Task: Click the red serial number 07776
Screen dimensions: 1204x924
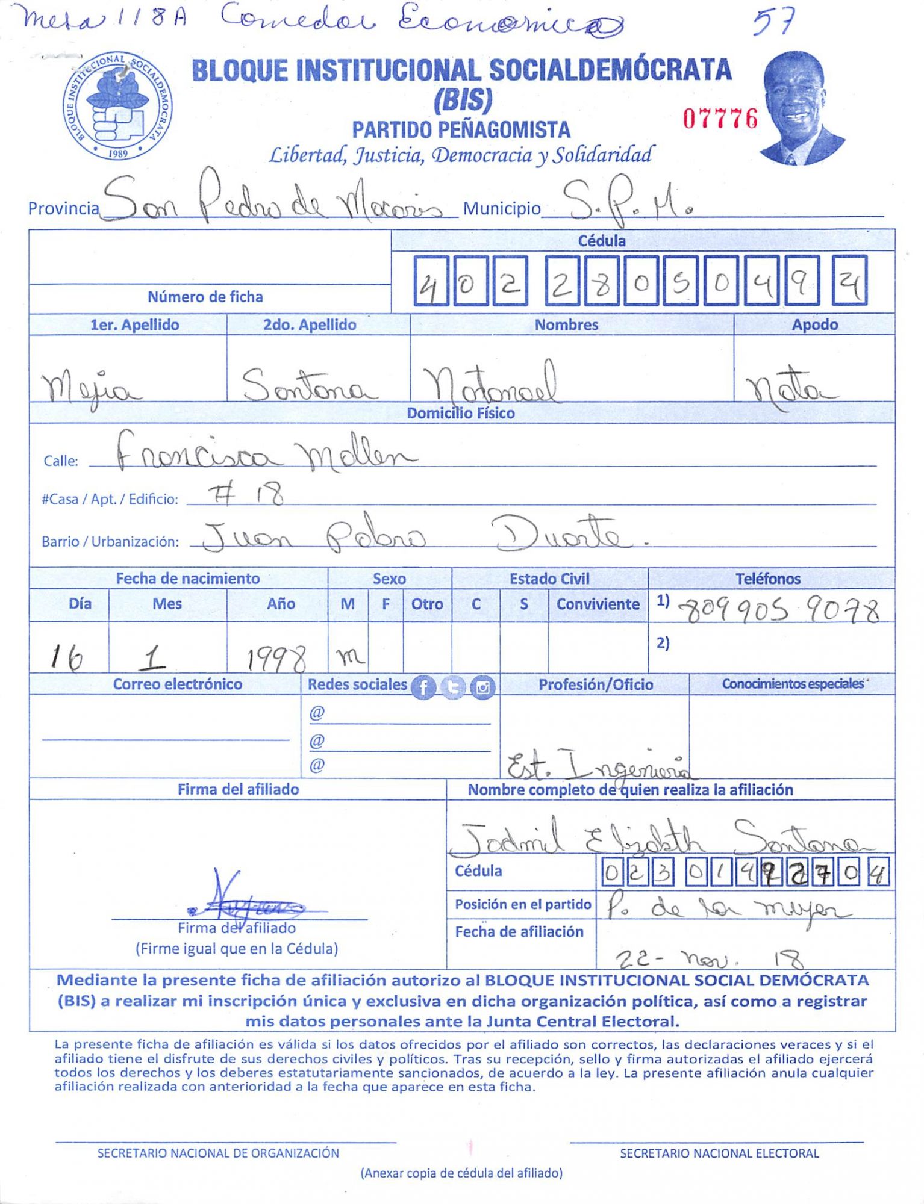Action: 720,119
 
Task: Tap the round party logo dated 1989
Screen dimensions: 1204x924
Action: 118,105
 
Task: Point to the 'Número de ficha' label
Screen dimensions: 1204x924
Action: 205,297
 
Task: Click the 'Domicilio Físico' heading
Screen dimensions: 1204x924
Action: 461,413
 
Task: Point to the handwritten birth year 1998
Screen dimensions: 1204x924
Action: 276,659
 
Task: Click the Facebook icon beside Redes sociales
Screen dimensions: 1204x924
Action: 423,687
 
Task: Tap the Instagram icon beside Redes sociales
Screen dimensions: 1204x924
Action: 482,687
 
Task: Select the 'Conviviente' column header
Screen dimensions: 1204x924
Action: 598,604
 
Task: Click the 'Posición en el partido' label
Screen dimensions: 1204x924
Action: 523,904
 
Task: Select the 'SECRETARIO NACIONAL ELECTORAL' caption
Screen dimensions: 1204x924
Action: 719,1153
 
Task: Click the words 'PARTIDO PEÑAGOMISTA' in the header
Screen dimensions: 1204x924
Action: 461,129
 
